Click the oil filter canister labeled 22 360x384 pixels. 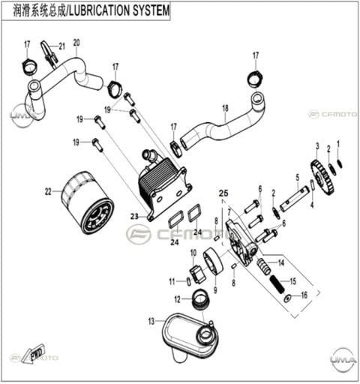coord(88,202)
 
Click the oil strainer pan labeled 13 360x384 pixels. coord(190,337)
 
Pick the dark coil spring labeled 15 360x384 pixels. coord(277,283)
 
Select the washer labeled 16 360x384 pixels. coord(287,298)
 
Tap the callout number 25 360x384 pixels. coord(223,193)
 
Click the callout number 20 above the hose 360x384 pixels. coord(76,43)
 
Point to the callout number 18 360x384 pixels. coord(225,108)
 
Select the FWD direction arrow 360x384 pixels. coord(33,354)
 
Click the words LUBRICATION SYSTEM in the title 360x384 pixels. coord(119,11)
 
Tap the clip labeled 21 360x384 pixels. coord(49,53)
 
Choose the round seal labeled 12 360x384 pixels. coord(200,298)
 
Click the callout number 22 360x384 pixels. coord(48,192)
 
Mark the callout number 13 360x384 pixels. coord(151,321)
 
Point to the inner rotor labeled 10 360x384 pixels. coord(197,274)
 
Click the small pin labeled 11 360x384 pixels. coord(189,281)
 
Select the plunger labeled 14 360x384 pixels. coord(264,266)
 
